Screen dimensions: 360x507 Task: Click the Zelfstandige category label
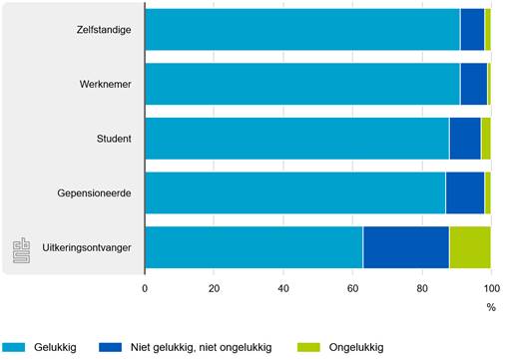point(104,29)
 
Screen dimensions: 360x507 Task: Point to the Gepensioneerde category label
point(96,191)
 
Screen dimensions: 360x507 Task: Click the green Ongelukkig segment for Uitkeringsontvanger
point(469,246)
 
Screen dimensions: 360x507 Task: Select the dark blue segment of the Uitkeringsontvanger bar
point(405,246)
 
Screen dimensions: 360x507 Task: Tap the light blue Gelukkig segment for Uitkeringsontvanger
point(253,246)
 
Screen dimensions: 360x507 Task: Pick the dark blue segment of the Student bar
point(464,138)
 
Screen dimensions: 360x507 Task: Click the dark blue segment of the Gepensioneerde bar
point(464,191)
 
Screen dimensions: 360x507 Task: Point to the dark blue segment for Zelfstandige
point(472,29)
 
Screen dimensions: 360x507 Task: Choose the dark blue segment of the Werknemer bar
point(473,83)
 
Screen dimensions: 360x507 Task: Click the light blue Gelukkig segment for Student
point(296,138)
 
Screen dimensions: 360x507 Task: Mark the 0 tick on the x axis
point(146,289)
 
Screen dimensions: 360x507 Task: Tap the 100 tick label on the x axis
point(489,289)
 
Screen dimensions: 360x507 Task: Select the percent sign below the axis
point(490,307)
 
